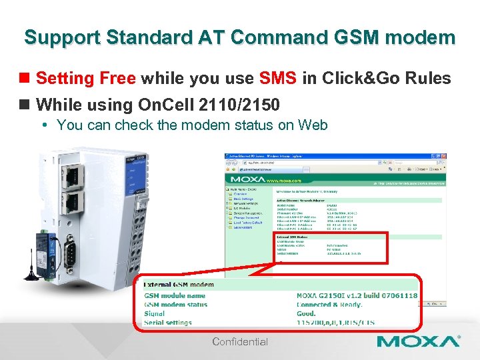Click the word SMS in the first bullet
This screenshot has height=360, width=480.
coord(278,79)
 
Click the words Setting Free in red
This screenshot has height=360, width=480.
coord(86,79)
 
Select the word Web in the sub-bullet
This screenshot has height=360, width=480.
coord(313,125)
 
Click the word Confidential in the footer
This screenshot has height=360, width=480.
coord(240,342)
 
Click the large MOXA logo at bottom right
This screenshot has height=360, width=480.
coord(418,342)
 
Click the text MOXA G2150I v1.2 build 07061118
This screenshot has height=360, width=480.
coord(357,295)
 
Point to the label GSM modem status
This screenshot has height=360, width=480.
coord(176,305)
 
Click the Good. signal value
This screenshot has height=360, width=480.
coord(307,313)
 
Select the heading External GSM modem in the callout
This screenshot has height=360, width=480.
coord(179,285)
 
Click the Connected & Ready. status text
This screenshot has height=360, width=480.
coord(329,305)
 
